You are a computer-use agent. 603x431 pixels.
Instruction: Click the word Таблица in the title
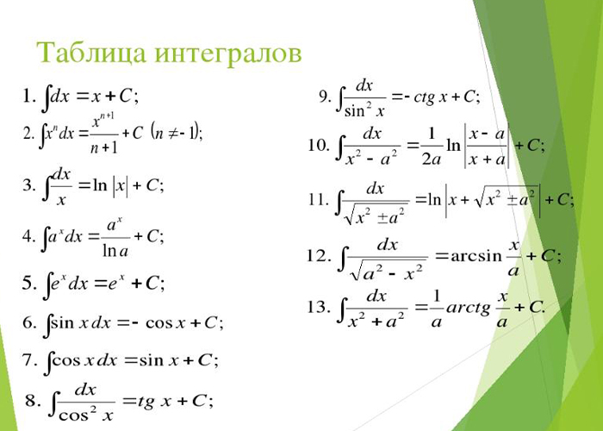(x=91, y=53)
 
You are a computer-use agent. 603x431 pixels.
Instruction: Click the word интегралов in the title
(x=228, y=53)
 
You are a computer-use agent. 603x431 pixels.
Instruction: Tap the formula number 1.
(x=29, y=96)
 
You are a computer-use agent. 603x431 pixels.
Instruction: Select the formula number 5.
(x=29, y=284)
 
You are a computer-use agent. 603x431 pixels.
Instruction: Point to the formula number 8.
(x=33, y=401)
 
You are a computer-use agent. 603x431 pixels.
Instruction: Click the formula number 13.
(x=319, y=307)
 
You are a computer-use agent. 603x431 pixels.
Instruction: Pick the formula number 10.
(x=319, y=146)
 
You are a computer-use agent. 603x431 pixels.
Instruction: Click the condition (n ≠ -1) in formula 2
(x=176, y=133)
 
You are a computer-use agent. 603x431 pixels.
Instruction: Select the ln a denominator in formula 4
(x=115, y=251)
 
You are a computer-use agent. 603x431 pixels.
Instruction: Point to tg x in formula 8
(x=154, y=402)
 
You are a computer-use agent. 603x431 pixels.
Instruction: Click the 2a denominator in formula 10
(x=431, y=159)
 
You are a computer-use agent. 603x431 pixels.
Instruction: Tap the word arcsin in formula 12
(x=476, y=256)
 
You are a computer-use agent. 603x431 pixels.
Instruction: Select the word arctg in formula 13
(x=468, y=308)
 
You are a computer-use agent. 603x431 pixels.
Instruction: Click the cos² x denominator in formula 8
(x=86, y=415)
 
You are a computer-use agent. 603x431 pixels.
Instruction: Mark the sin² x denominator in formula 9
(x=364, y=111)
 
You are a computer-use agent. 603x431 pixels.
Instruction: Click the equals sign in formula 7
(x=131, y=361)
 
